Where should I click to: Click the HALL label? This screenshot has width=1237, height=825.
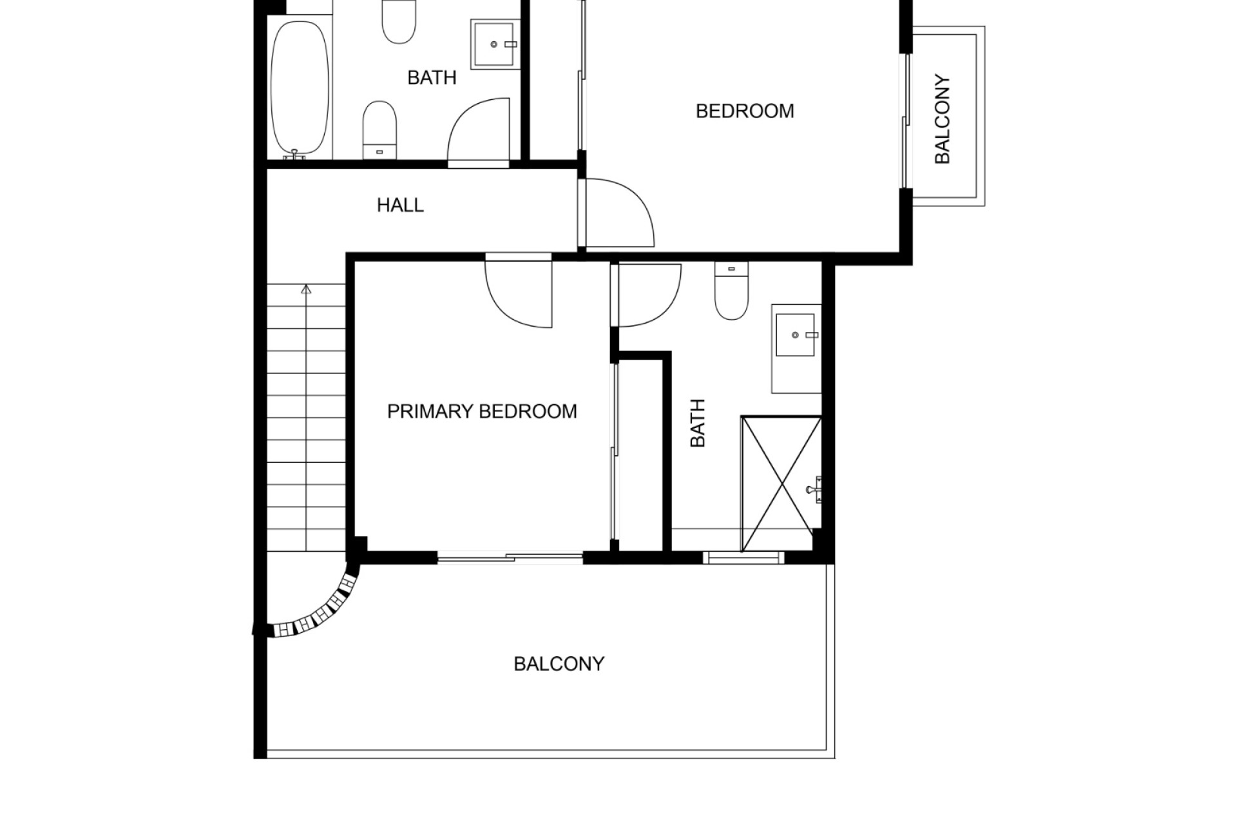tap(400, 205)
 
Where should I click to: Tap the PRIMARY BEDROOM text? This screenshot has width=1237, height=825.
tap(482, 411)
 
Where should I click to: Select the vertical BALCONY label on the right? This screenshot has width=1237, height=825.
tap(942, 119)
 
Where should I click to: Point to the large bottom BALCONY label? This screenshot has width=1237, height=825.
tap(559, 664)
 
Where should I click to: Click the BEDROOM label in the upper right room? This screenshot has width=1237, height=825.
tap(745, 111)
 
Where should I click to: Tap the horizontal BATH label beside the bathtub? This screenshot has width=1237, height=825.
tap(432, 77)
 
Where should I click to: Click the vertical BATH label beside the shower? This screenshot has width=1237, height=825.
tap(698, 423)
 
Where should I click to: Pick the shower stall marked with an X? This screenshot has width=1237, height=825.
tap(781, 484)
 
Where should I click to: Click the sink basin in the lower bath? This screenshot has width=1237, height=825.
tap(795, 335)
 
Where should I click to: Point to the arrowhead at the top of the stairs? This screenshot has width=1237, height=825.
tap(306, 289)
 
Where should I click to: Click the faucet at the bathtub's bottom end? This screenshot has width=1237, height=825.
tap(294, 154)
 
